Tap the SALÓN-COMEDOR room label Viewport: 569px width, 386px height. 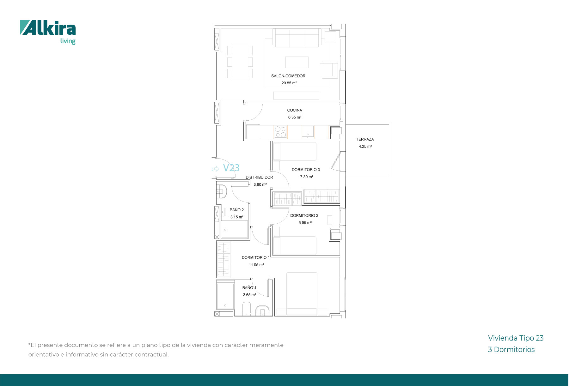288,76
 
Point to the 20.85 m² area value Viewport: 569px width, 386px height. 289,83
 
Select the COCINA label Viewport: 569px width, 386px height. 295,110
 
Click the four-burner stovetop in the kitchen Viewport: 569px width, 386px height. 280,132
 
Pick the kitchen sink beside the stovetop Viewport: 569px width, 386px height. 308,132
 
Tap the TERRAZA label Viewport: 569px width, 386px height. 365,139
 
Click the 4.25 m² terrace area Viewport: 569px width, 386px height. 365,147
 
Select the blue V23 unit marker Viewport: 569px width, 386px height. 231,168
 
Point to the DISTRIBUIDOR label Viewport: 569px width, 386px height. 259,178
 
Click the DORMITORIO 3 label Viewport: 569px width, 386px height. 306,170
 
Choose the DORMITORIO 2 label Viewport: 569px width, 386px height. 304,215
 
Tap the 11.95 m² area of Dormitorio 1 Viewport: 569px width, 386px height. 256,265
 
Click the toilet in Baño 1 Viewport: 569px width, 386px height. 247,309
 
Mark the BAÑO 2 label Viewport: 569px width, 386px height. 237,210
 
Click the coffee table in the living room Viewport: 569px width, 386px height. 297,62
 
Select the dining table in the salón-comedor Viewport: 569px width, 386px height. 240,62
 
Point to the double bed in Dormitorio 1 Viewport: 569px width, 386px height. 302,294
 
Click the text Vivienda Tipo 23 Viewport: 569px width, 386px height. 516,338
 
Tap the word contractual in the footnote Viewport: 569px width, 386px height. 151,354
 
